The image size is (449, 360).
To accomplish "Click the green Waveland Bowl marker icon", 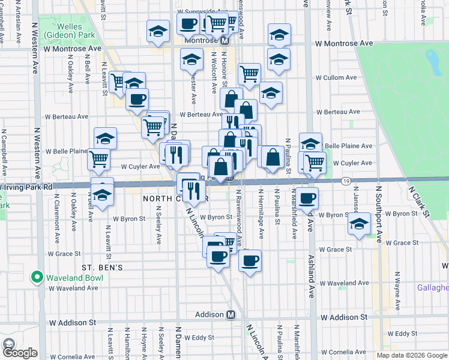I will click(37, 277).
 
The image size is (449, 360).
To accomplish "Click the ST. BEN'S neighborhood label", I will click(103, 266).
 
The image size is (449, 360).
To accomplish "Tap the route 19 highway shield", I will click(347, 181).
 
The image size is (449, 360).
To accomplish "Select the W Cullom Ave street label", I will click(336, 78).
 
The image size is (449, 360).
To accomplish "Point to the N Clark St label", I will click(420, 202).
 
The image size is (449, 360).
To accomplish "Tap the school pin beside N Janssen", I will click(359, 224).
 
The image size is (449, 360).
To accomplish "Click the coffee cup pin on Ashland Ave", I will click(307, 198).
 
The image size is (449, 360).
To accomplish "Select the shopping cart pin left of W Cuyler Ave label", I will click(98, 159).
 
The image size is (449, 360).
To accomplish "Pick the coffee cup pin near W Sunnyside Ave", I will click(188, 25).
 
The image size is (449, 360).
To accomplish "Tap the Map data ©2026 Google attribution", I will click(412, 355).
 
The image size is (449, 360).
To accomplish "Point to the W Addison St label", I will click(344, 316).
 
